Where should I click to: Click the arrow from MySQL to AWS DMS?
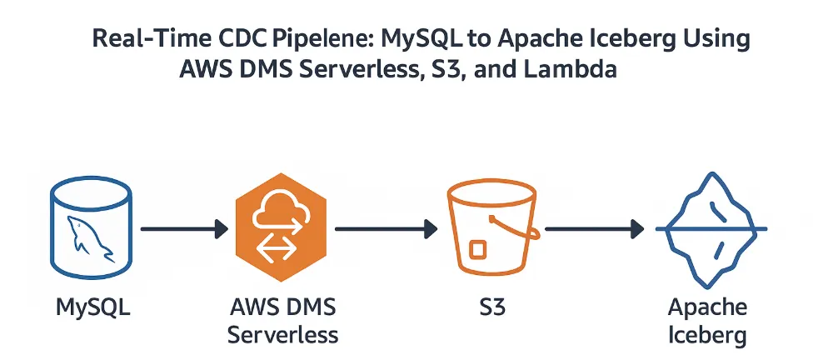click(184, 228)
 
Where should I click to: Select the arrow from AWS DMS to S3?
click(386, 228)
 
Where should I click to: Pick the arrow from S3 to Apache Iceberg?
click(594, 228)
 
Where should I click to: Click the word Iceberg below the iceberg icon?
click(708, 335)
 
